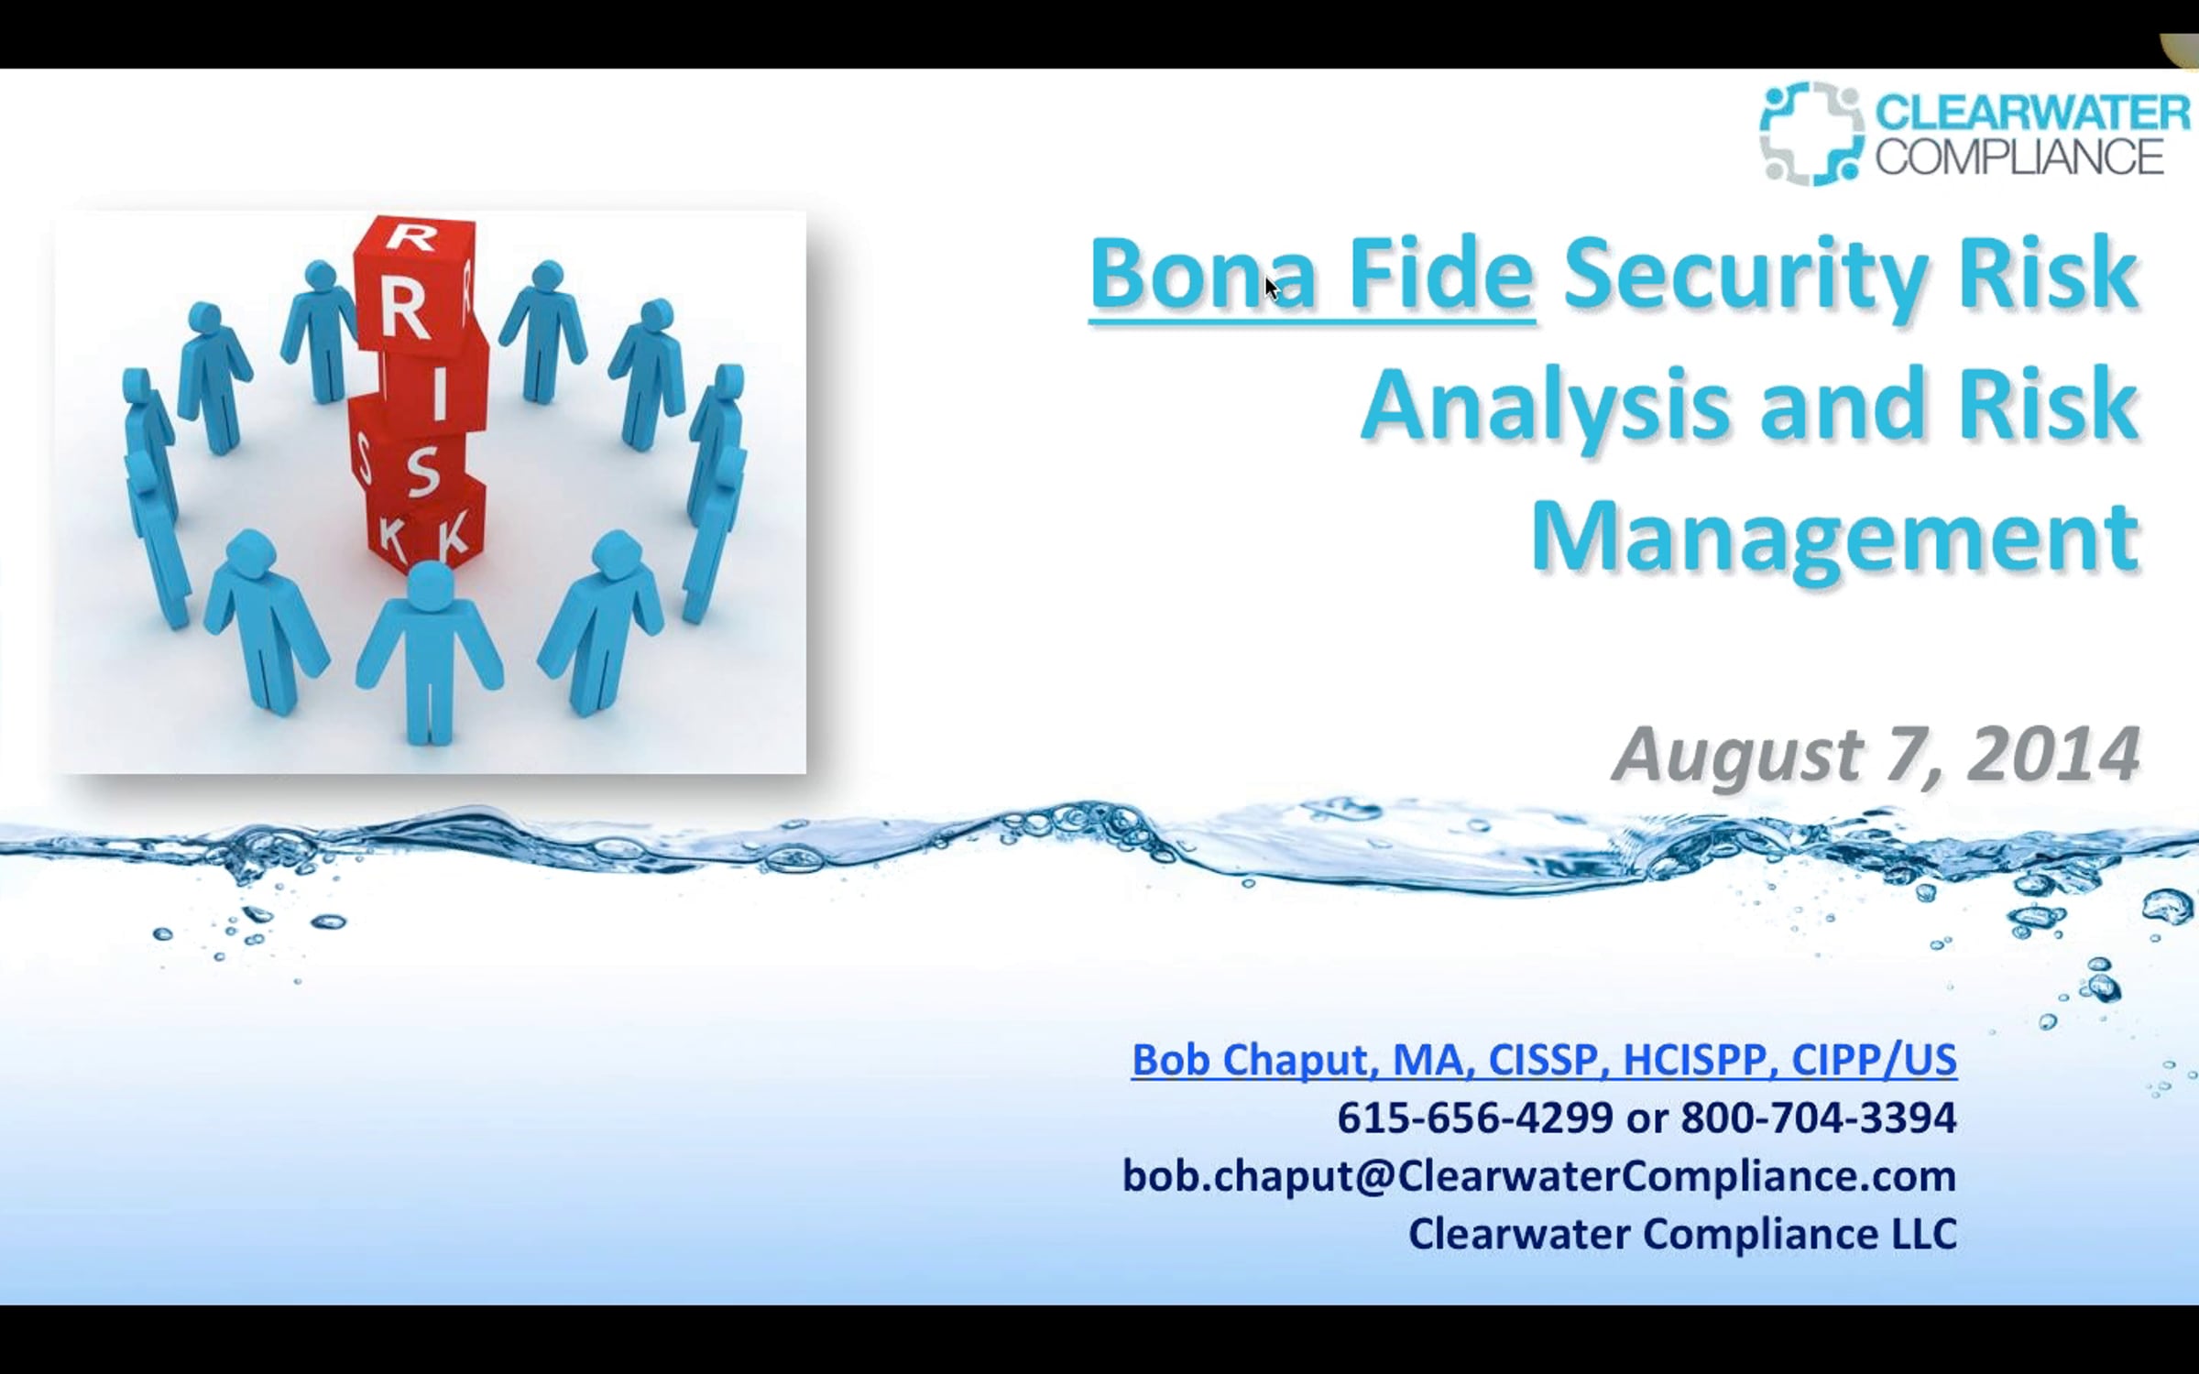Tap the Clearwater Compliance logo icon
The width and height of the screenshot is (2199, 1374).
[x=1811, y=134]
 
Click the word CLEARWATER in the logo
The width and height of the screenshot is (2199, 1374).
[x=2032, y=113]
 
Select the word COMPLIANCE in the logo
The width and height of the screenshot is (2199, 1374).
[x=2019, y=157]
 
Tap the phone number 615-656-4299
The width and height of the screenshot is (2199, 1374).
[x=1475, y=1118]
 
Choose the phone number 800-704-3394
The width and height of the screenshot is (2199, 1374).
[x=1819, y=1118]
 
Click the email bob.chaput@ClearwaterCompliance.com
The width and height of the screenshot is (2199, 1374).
[x=1539, y=1176]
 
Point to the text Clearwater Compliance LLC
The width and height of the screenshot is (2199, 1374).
[x=1682, y=1234]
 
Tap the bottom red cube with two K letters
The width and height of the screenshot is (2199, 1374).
[x=426, y=526]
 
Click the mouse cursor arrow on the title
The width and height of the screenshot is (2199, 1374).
[x=1272, y=288]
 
